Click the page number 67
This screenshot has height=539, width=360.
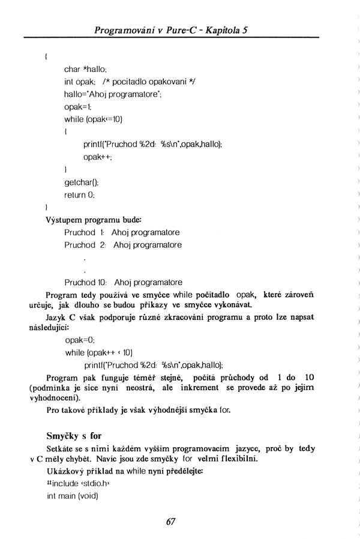170,522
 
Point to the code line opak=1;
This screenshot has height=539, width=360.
78,106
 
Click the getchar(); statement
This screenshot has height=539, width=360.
82,182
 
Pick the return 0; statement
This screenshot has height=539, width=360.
80,194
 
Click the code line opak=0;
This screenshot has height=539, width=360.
80,339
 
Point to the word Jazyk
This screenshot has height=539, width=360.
56,316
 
